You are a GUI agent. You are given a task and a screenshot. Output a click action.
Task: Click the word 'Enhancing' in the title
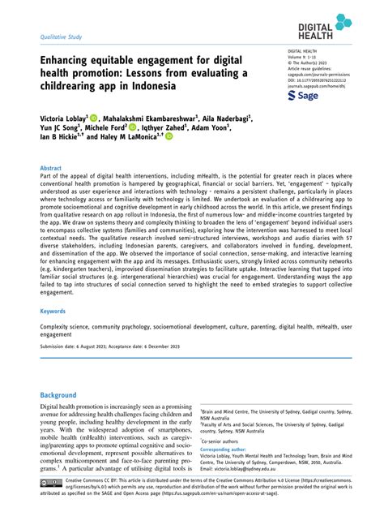[70, 61]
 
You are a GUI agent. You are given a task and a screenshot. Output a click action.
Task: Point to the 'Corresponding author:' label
[229, 448]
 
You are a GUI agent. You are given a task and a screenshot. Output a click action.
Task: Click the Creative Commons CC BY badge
[50, 484]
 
